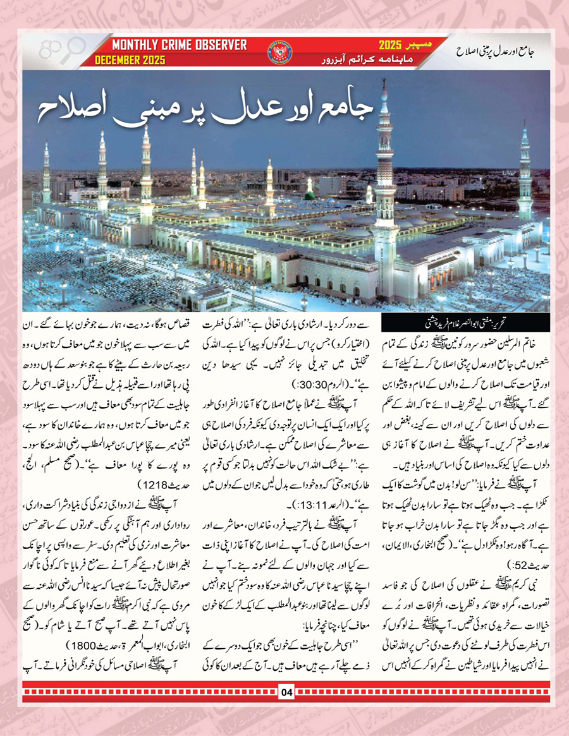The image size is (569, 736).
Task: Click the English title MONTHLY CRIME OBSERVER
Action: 180,45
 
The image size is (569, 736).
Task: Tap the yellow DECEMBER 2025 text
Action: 130,60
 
